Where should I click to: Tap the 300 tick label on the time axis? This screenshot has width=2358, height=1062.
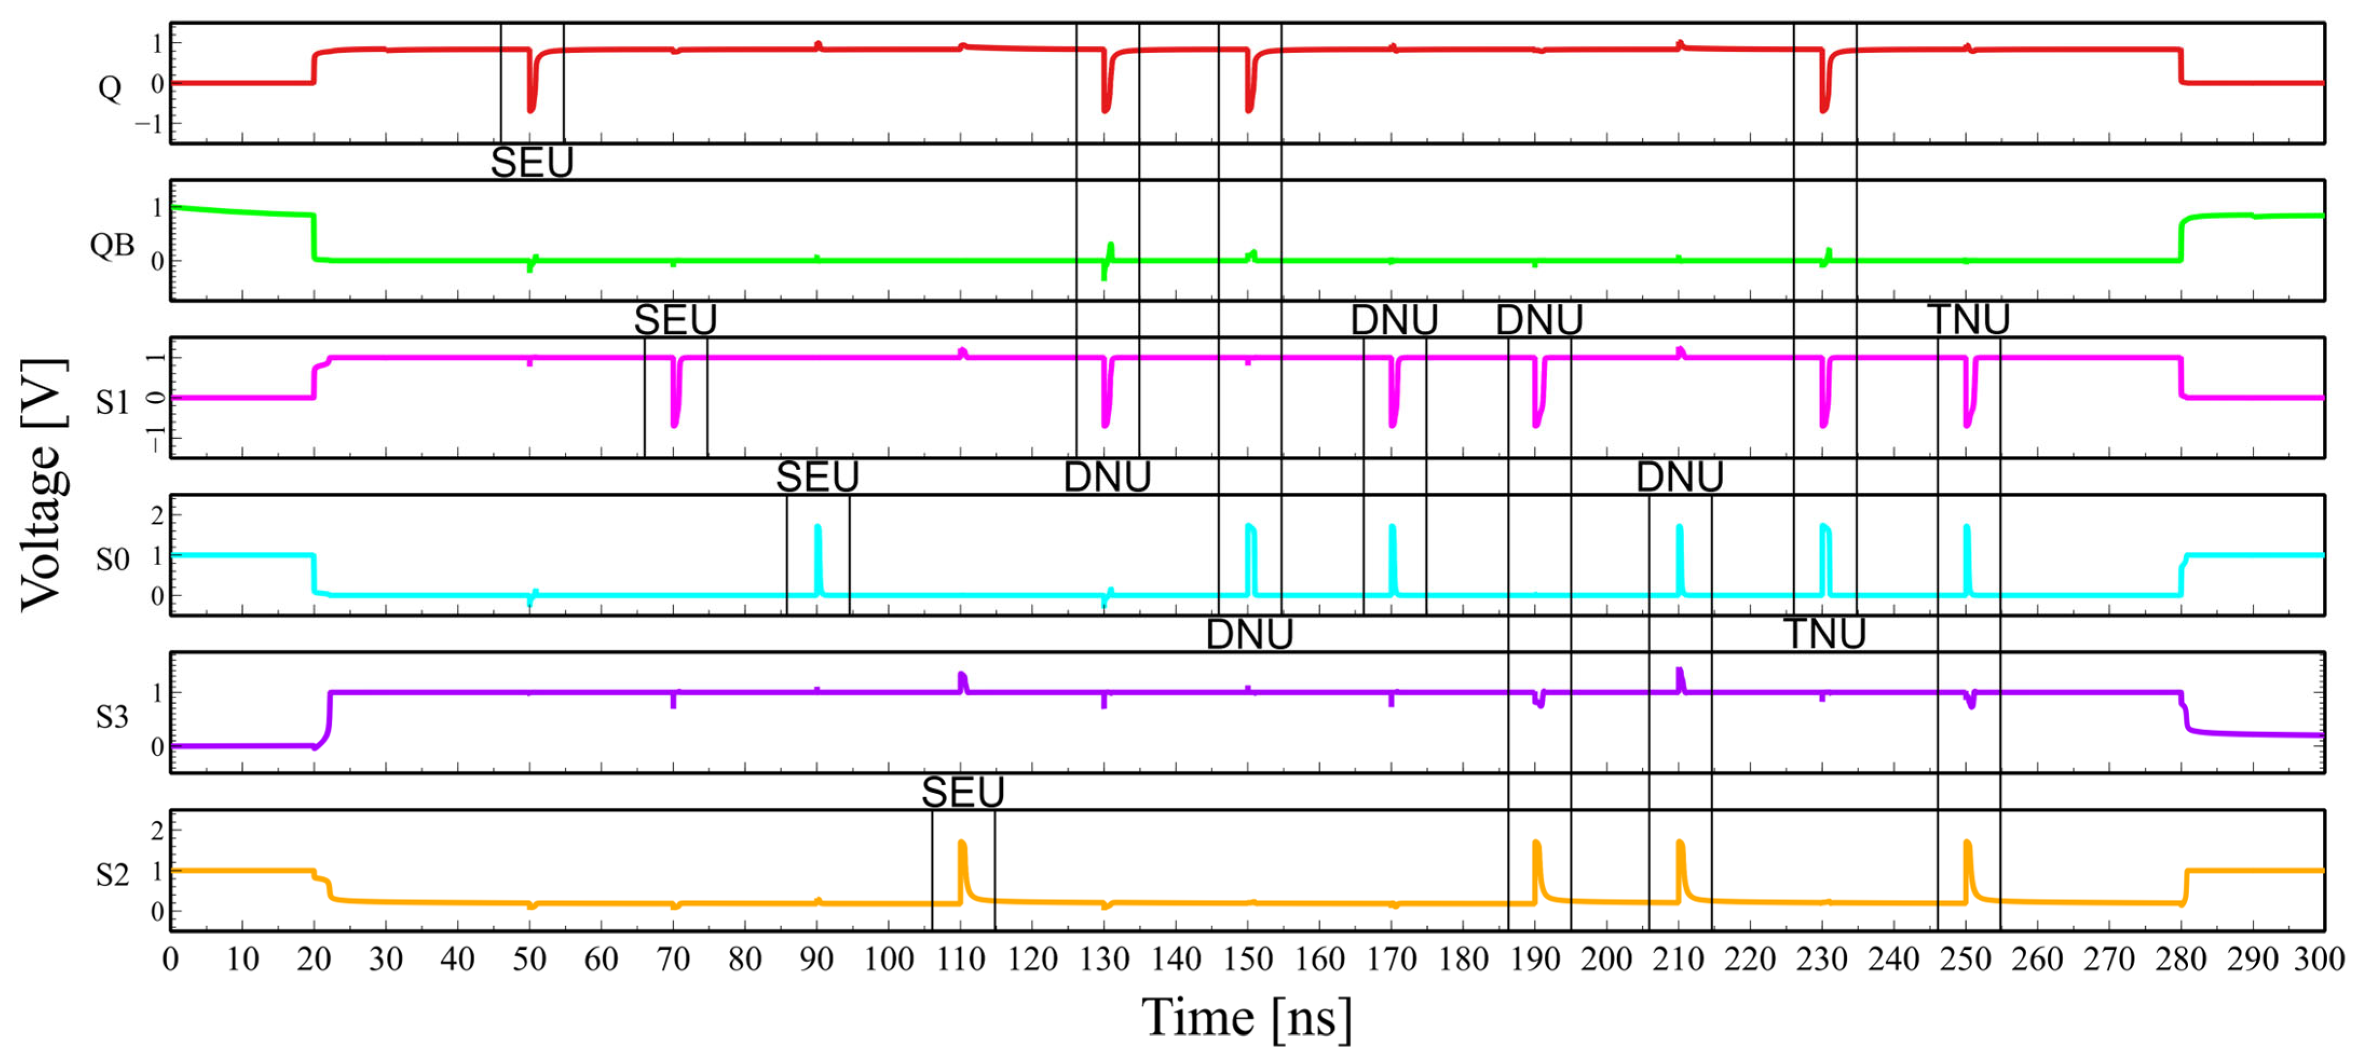pos(2318,959)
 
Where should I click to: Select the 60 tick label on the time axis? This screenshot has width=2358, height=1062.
pos(602,959)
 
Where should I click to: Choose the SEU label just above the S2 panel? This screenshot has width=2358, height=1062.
pos(962,792)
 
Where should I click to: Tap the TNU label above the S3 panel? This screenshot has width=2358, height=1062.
pos(1824,634)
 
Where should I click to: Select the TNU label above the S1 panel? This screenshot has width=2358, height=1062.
pos(1968,319)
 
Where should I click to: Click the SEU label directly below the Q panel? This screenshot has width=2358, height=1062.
pos(532,163)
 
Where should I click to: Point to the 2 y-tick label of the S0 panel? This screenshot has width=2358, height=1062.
pos(158,515)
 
